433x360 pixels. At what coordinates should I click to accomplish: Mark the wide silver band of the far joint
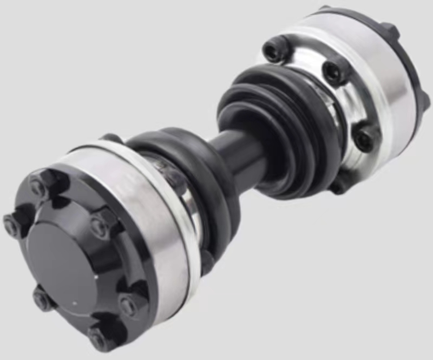point(373,70)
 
